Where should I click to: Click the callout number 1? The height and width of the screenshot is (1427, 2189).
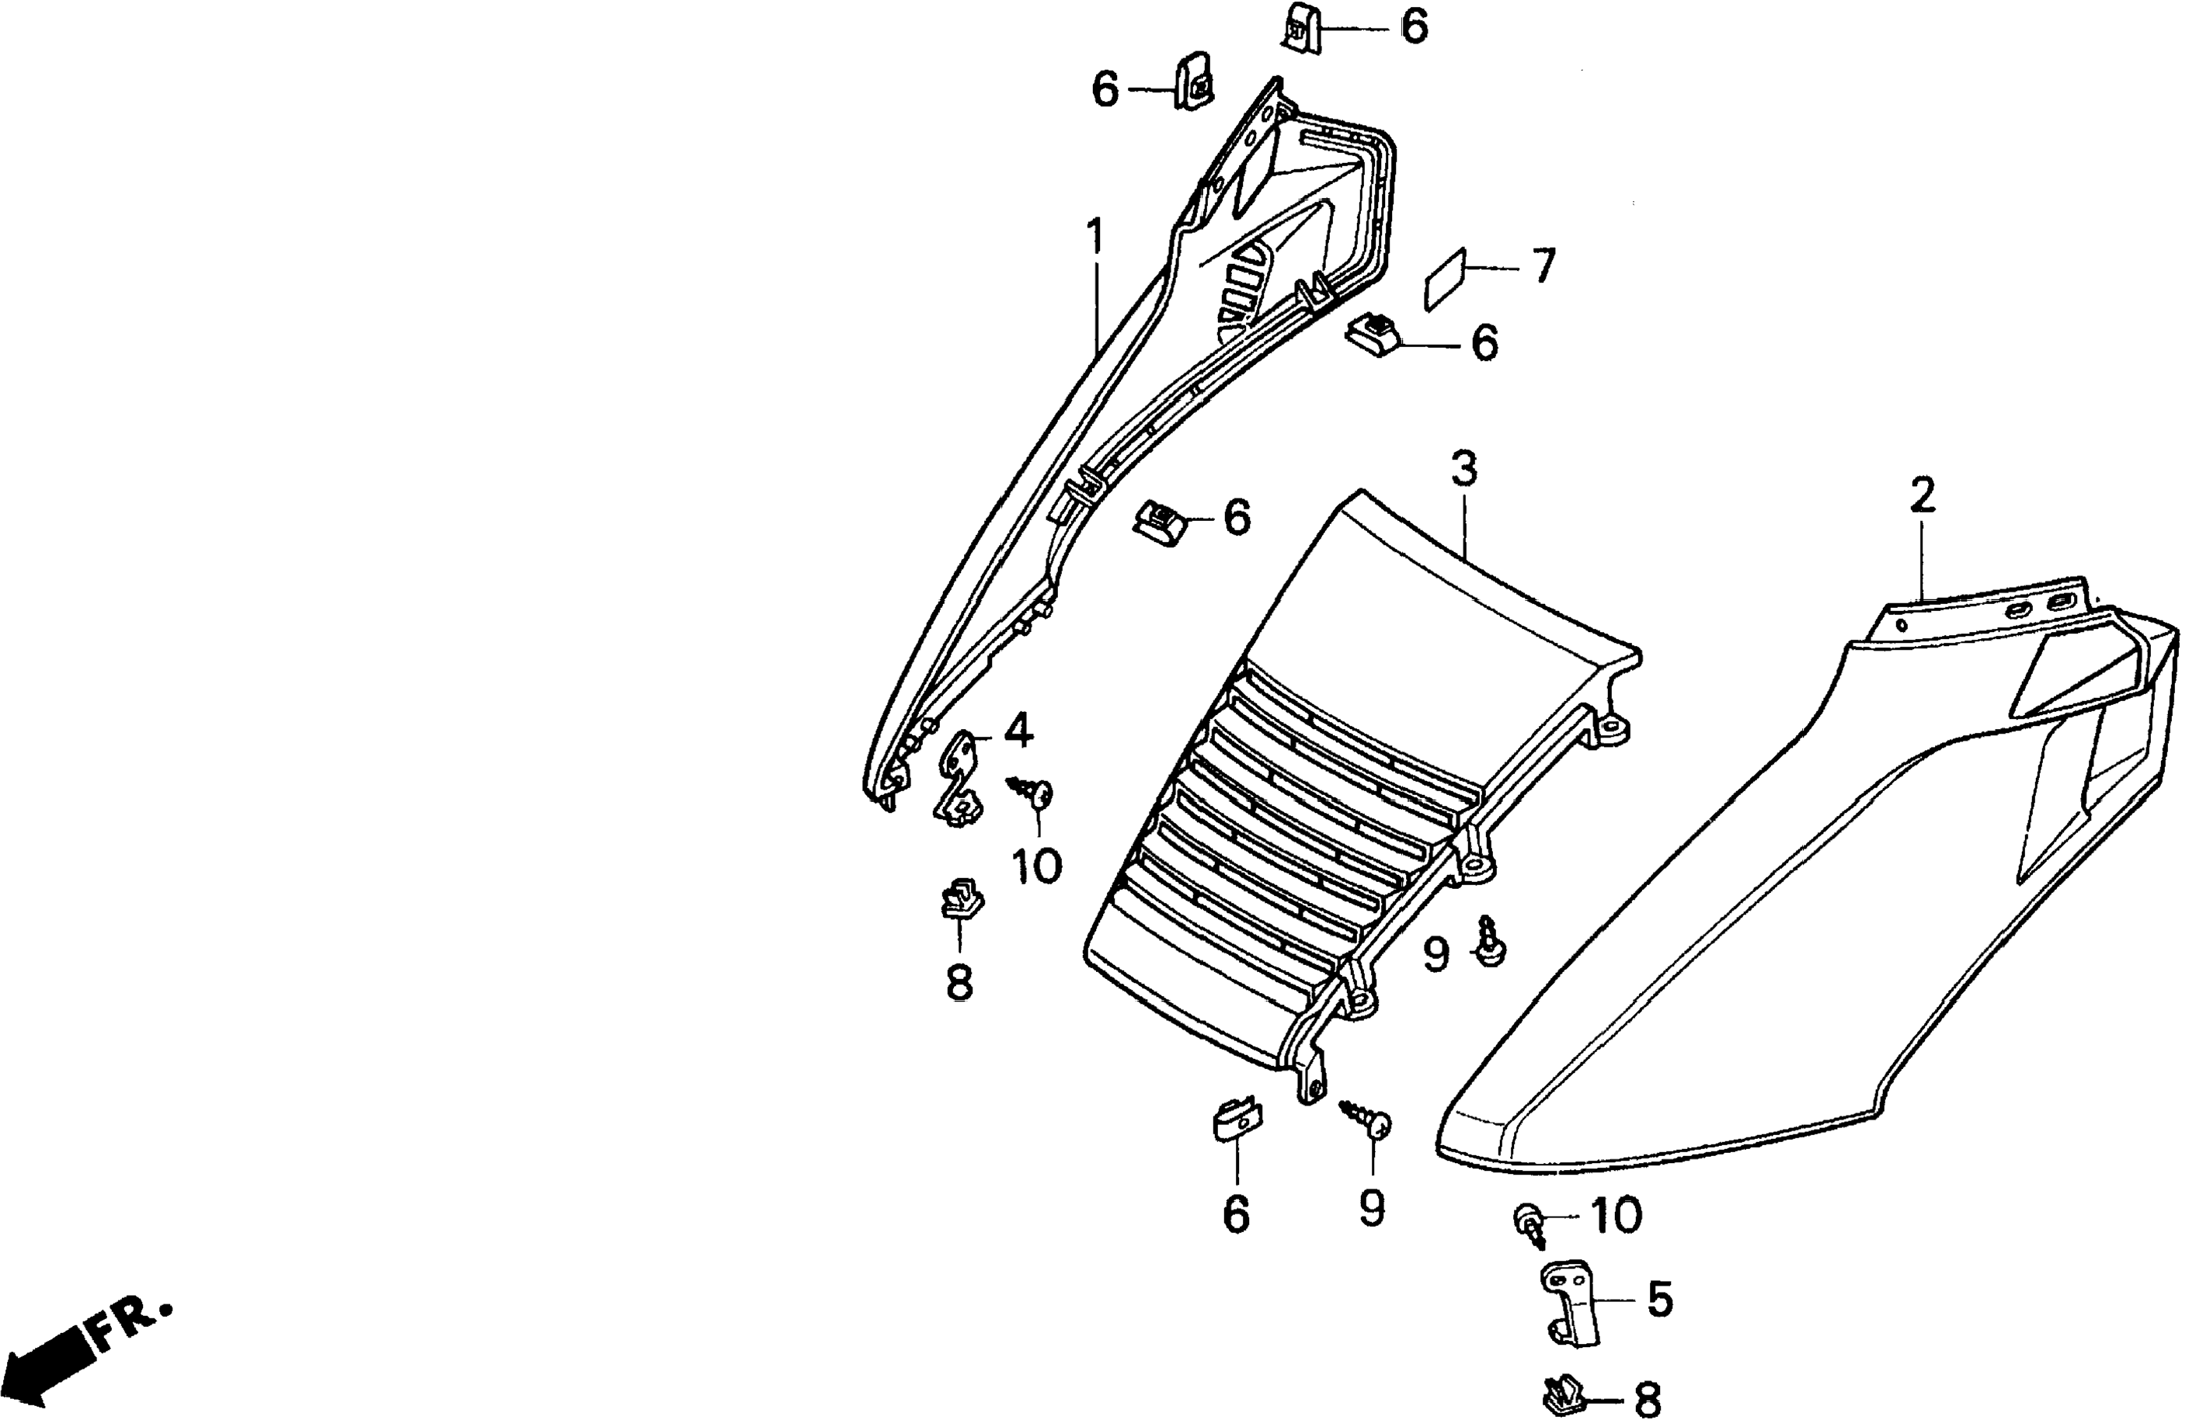(x=1094, y=238)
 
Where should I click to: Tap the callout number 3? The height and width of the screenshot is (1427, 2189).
(x=1463, y=469)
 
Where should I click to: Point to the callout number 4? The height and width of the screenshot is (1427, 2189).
(x=1018, y=731)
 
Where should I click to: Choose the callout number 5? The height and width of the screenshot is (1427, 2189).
(x=1659, y=1301)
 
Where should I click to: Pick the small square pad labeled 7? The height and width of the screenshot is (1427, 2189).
(x=1443, y=278)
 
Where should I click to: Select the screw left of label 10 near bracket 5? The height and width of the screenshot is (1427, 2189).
(x=1529, y=1227)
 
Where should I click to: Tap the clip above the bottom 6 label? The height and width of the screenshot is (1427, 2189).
(x=1234, y=1120)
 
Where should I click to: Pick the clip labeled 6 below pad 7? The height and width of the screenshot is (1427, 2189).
(x=1373, y=334)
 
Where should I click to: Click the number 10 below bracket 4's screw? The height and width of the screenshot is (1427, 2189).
(x=1036, y=865)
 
